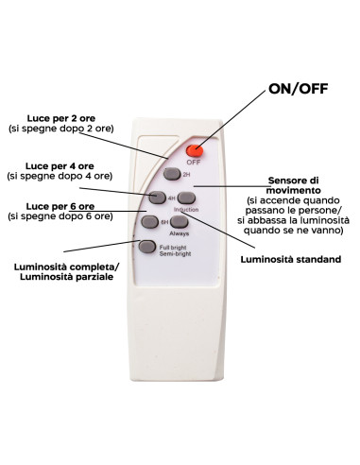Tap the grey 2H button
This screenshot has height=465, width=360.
pyautogui.click(x=172, y=174)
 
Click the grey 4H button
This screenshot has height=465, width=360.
pyautogui.click(x=157, y=198)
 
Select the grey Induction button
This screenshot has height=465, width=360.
pyautogui.click(x=186, y=198)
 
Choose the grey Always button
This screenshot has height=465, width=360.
pyautogui.click(x=180, y=222)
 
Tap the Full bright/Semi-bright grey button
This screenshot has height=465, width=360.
pyautogui.click(x=147, y=247)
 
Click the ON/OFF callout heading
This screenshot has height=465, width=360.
pyautogui.click(x=298, y=89)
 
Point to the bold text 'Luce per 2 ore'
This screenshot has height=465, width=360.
pyautogui.click(x=61, y=118)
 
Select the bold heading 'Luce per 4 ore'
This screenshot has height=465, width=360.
pyautogui.click(x=60, y=166)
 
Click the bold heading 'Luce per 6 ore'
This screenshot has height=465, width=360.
pyautogui.click(x=60, y=206)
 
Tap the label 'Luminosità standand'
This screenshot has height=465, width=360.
pyautogui.click(x=291, y=259)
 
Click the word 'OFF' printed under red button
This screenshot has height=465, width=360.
pyautogui.click(x=194, y=163)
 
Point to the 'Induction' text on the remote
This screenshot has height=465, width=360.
pyautogui.click(x=186, y=210)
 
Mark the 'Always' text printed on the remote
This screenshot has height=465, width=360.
pyautogui.click(x=180, y=233)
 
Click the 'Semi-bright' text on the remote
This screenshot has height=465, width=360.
pyautogui.click(x=175, y=253)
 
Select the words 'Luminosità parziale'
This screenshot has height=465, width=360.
pyautogui.click(x=66, y=277)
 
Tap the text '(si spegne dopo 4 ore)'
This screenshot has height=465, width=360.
pyautogui.click(x=60, y=176)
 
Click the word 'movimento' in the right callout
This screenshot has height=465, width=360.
pyautogui.click(x=294, y=190)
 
